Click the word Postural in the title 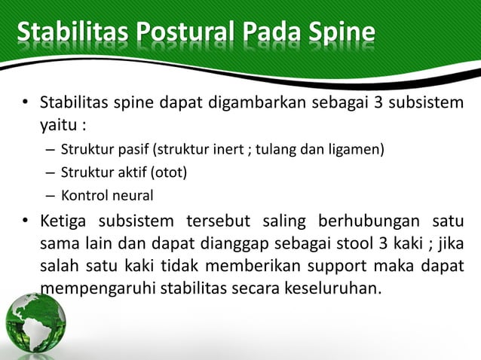(x=182, y=34)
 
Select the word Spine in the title (x=343, y=34)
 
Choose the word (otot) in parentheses (x=170, y=172)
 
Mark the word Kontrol (x=84, y=196)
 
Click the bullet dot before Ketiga (x=24, y=222)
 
